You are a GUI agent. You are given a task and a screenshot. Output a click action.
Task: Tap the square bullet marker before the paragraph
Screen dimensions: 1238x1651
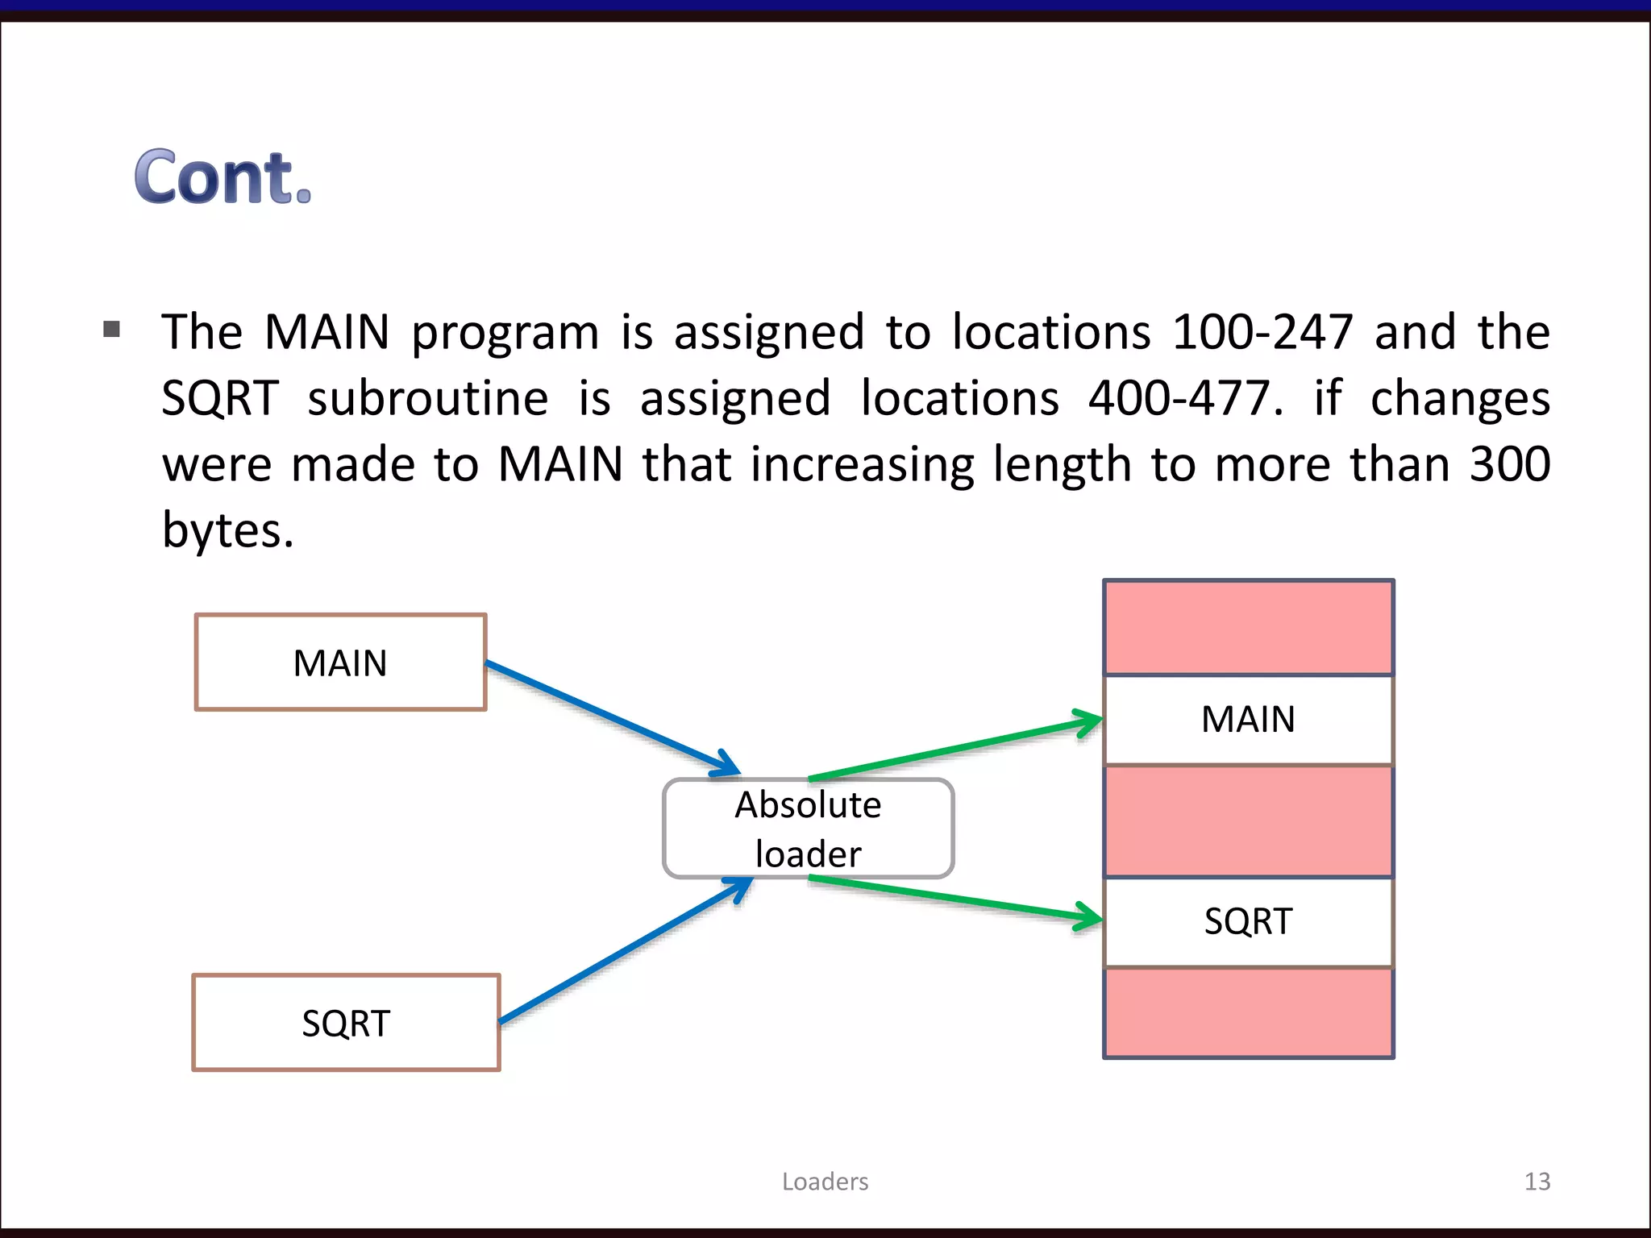pos(112,329)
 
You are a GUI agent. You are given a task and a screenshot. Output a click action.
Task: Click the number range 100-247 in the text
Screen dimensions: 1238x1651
pos(1262,332)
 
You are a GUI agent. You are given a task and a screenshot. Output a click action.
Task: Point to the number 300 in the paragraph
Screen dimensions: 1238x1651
pos(1509,464)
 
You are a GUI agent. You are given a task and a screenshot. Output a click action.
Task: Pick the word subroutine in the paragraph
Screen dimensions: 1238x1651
pos(427,398)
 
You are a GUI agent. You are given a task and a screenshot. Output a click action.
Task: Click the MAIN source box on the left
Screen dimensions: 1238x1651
pos(340,663)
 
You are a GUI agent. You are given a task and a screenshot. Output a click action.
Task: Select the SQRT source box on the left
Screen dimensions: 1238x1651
pos(346,1023)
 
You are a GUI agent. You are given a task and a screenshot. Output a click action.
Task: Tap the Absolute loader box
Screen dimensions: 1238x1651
pos(808,829)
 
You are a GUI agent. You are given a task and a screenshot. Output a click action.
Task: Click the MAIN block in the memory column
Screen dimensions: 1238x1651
pos(1248,719)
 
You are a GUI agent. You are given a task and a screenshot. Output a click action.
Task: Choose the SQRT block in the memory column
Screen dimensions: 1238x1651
pos(1248,921)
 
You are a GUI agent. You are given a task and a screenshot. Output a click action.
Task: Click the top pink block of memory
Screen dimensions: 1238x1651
pos(1248,627)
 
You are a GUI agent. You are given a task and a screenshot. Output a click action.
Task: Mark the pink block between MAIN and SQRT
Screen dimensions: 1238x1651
pos(1248,820)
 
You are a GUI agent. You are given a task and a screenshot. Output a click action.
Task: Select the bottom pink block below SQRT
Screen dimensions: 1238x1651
pos(1248,1012)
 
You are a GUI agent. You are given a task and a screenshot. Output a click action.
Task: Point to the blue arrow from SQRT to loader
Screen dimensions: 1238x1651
pos(625,951)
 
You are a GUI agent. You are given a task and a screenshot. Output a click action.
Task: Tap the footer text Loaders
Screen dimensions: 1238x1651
pos(825,1182)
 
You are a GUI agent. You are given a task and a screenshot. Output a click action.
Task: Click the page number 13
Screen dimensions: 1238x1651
pos(1537,1182)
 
